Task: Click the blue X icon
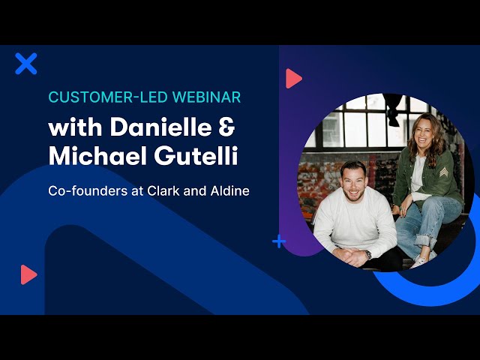pos(26,64)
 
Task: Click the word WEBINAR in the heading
pos(207,97)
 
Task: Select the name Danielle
pos(160,127)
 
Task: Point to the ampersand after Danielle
pos(226,127)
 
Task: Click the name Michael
pos(97,156)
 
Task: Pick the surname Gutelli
pos(196,156)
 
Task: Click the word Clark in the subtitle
pos(163,191)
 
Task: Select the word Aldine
pos(230,191)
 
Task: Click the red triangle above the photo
pos(293,79)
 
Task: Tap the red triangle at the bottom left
pos(28,274)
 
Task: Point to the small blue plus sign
pos(279,241)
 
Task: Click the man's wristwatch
pos(367,254)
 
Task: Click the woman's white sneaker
pos(421,260)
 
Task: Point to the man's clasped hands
pos(350,256)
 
